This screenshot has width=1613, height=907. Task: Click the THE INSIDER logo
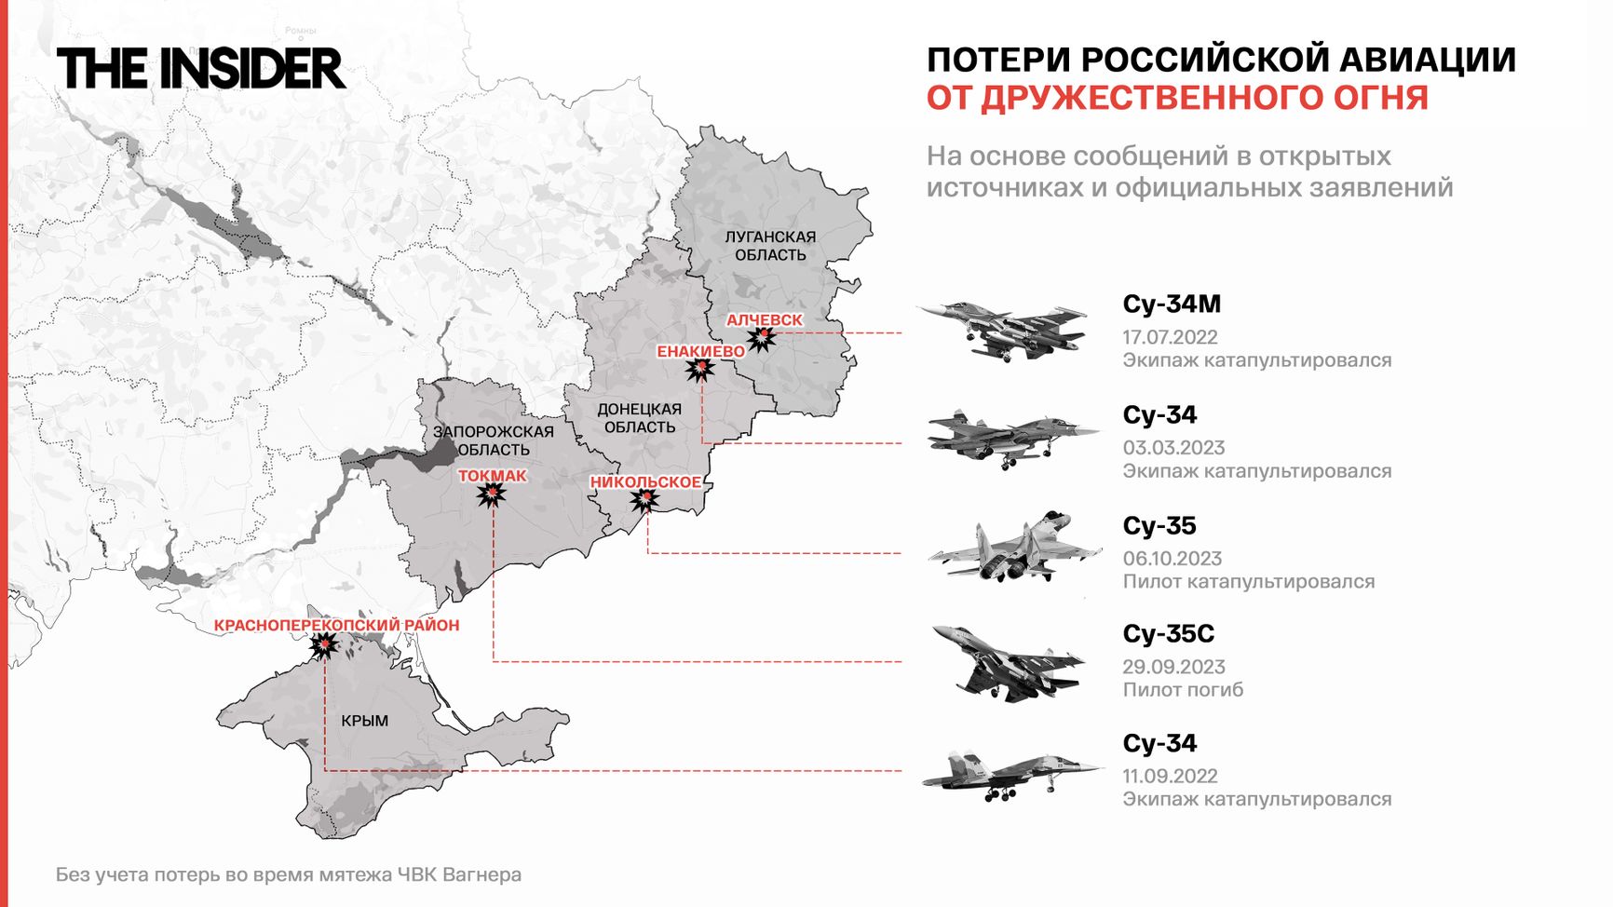coord(200,69)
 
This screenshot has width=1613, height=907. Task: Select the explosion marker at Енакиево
coord(699,370)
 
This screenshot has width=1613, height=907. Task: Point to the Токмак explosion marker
coord(492,494)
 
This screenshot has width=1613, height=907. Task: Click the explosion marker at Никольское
coord(644,500)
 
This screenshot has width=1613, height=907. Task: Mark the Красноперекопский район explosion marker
coord(323,643)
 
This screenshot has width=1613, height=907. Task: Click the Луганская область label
coord(770,246)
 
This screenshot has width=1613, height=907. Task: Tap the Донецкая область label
coord(639,418)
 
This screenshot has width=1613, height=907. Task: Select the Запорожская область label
coord(494,440)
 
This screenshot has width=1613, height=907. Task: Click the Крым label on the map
coord(364,721)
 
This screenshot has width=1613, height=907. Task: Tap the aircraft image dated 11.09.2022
coord(1010,775)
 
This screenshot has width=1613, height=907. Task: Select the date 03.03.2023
coord(1173,448)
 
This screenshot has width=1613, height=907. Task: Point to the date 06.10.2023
coord(1172,559)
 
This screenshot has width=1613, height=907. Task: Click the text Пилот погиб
coord(1183,690)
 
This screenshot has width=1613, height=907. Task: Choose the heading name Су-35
coord(1159,525)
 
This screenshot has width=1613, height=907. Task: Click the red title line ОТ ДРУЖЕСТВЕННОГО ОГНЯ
coord(1176,98)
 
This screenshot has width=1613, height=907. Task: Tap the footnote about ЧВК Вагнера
coord(289,874)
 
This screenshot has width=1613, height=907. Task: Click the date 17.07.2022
coord(1170,337)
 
